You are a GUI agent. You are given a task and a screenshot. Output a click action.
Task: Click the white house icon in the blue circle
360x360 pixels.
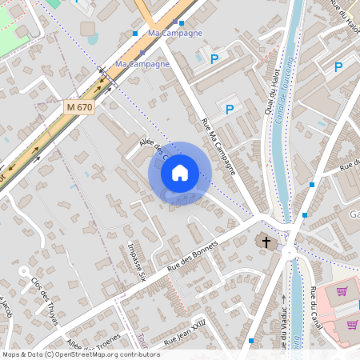coord(180,173)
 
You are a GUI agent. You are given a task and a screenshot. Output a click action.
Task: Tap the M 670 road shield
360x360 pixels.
coord(79,106)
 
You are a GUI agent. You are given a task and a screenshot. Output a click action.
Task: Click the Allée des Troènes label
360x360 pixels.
coord(91,342)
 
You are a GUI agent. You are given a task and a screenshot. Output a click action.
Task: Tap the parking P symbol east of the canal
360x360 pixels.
coord(338,68)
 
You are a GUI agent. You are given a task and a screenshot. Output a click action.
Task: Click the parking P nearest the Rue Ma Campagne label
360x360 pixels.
coord(230,110)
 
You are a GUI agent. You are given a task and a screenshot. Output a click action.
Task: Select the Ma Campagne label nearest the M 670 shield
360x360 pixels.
coord(142,63)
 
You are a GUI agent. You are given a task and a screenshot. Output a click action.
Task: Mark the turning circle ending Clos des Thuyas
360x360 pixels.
coord(24,271)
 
